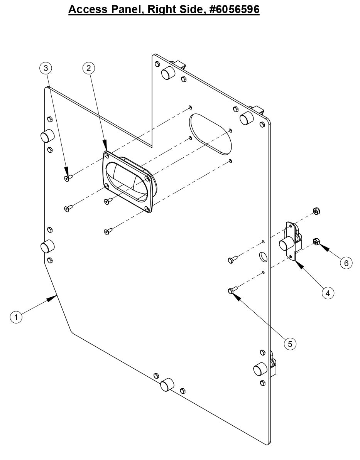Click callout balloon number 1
16,317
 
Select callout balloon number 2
89,68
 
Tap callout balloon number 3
46,68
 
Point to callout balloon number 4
328,293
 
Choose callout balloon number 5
290,344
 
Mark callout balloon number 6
346,263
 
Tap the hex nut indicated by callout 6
315,242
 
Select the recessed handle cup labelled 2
127,181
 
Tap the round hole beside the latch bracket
262,257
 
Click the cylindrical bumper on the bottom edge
167,385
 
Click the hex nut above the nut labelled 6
315,211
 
